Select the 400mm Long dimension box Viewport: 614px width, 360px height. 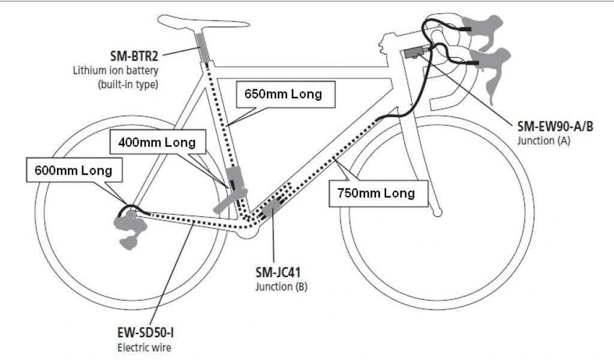tap(156, 143)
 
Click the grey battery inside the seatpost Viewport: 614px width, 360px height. tap(201, 47)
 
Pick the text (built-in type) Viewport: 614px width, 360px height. tap(127, 84)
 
